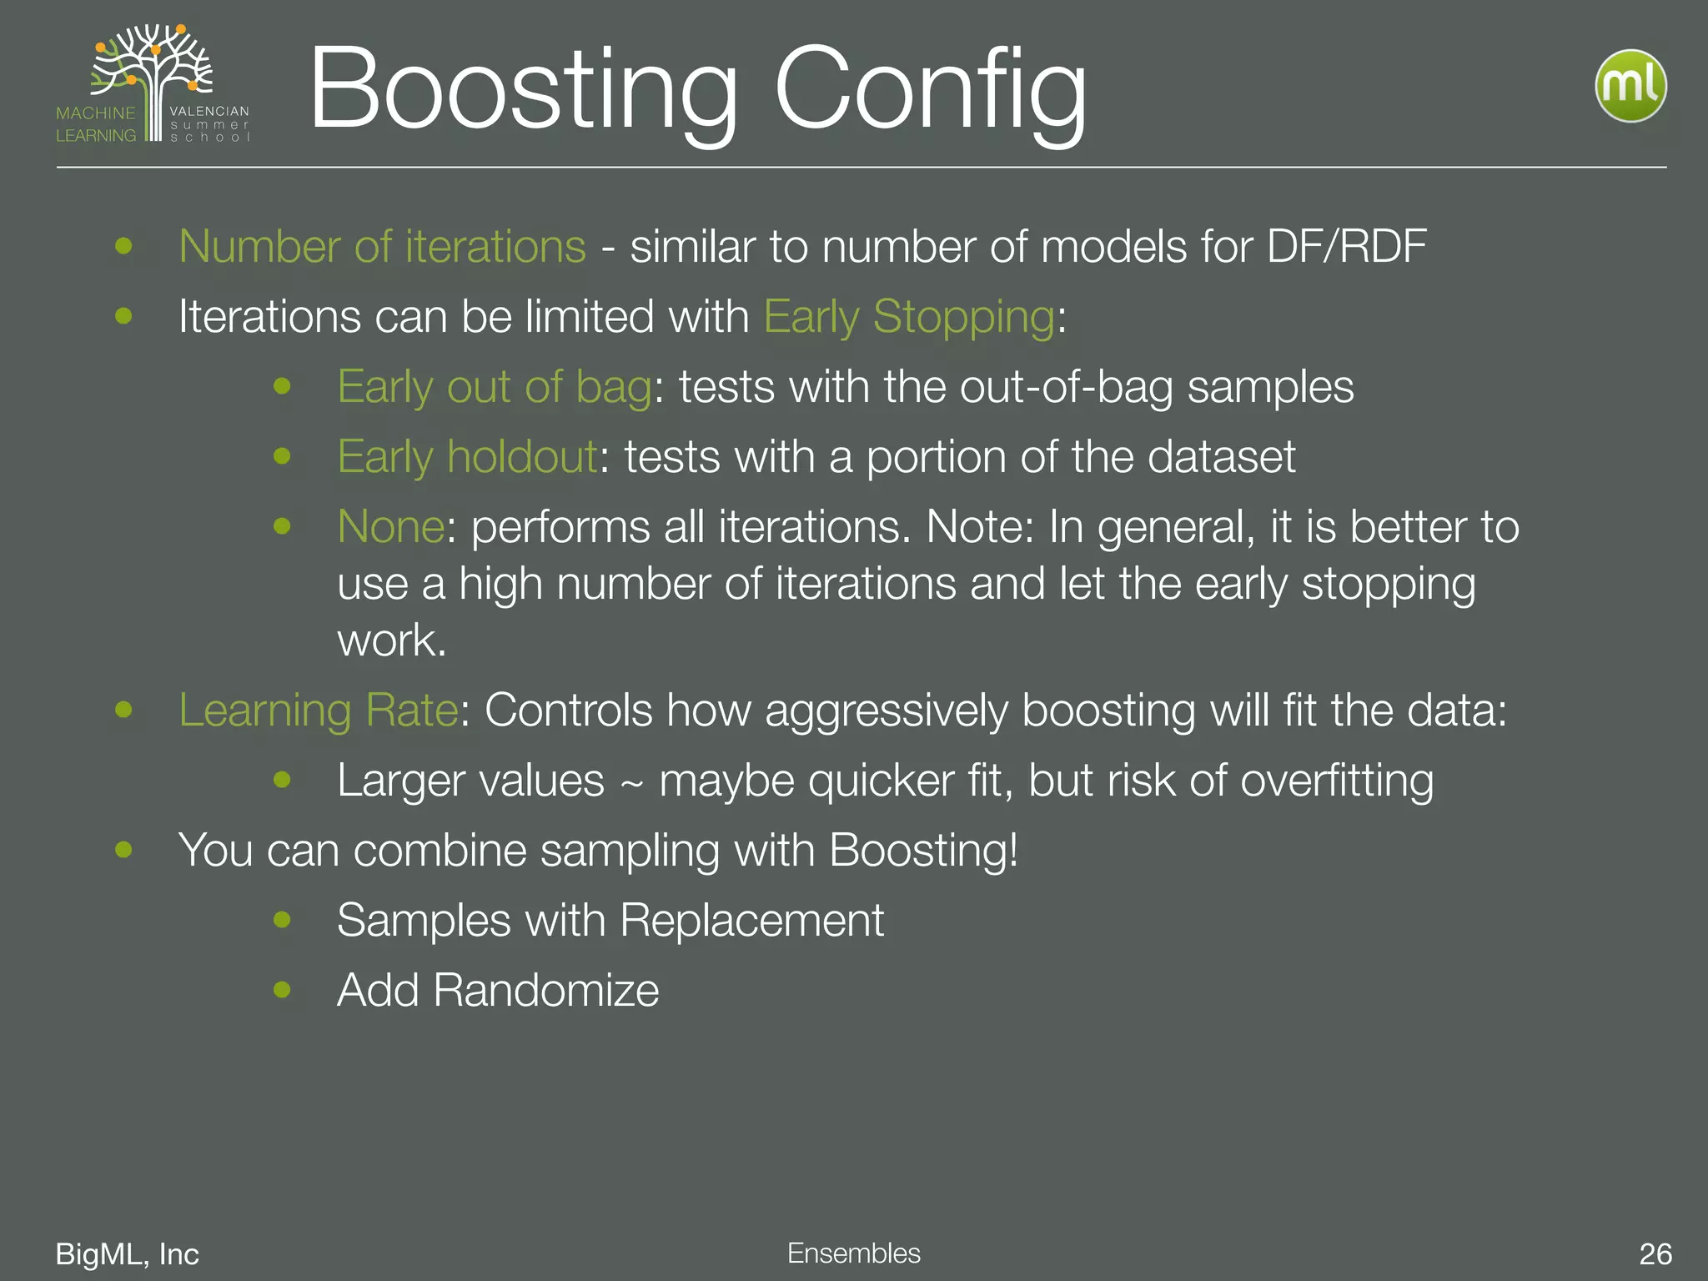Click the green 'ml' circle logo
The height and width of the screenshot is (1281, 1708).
(1630, 85)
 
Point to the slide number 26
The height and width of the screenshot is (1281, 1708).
(1655, 1253)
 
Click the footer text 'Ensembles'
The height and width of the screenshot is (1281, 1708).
(853, 1253)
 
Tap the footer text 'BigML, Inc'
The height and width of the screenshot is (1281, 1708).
(127, 1253)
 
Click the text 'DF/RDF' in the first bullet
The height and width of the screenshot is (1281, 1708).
(1346, 247)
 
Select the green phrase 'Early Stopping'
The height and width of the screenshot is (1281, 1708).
(910, 318)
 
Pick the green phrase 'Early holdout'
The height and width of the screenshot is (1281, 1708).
(467, 457)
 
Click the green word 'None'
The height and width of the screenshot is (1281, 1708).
(390, 527)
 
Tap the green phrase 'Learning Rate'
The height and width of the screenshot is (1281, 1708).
(318, 711)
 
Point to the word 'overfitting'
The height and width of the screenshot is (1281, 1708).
(1336, 781)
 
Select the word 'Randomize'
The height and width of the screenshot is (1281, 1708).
(545, 991)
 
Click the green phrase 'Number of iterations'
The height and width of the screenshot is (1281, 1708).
(382, 247)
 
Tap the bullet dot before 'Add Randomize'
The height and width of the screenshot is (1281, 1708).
(282, 990)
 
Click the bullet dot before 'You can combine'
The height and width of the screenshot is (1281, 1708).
(124, 850)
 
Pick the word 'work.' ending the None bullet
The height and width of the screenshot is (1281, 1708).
(392, 640)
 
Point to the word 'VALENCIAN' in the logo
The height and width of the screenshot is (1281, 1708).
(209, 111)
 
